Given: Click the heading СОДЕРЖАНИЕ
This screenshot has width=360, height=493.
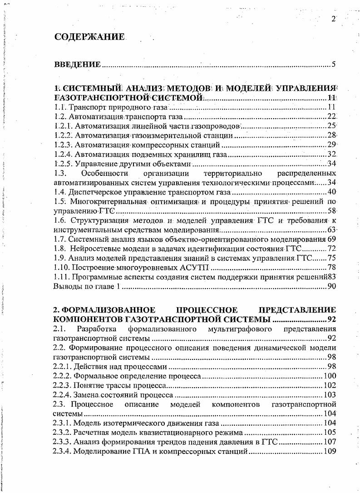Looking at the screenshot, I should coord(89,37).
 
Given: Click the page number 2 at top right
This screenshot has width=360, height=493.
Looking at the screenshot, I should coord(333,19).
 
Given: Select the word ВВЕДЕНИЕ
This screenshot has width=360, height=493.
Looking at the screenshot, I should coord(78,65).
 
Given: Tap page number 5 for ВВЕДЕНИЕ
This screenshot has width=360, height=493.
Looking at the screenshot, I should coord(334,64).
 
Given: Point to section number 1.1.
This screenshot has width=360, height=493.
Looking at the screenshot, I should coord(60,108).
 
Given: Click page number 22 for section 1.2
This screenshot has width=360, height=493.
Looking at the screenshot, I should coord(331,117).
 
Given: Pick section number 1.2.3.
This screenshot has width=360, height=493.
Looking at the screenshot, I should coord(63,145).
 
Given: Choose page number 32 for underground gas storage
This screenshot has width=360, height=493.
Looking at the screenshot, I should coord(331,154).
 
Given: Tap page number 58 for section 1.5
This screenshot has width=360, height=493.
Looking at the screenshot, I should coord(331,211).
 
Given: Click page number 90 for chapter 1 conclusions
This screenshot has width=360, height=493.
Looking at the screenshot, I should coord(331,286).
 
